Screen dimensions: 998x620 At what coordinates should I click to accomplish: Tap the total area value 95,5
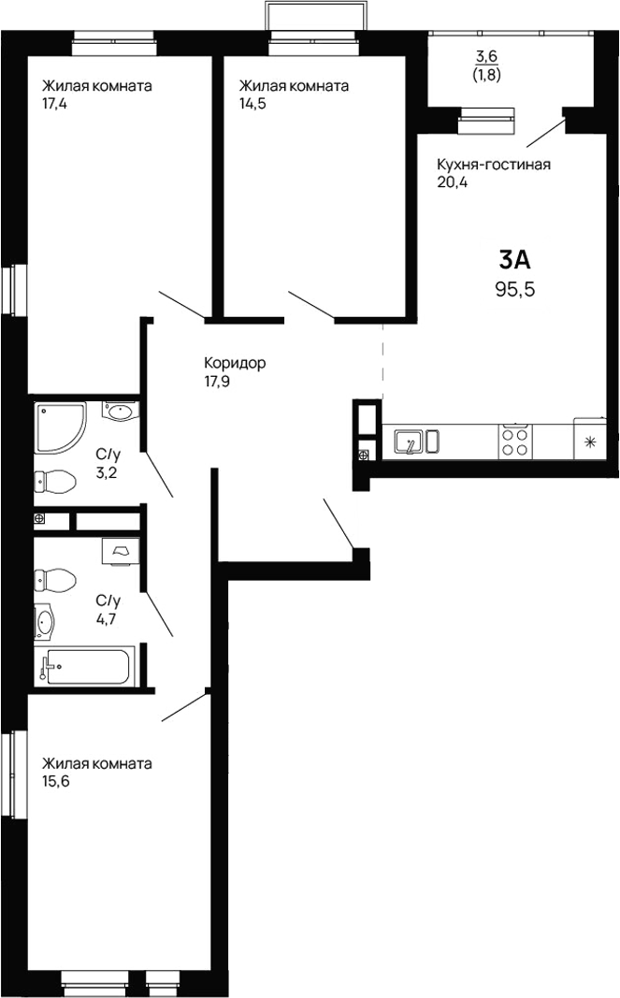pyautogui.click(x=514, y=289)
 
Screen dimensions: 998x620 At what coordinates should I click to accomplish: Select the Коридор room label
pyautogui.click(x=235, y=363)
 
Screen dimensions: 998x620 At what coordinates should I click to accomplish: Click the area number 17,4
pyautogui.click(x=55, y=104)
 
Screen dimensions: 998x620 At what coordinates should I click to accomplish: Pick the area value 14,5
pyautogui.click(x=252, y=104)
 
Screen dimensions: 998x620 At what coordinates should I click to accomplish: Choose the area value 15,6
pyautogui.click(x=55, y=781)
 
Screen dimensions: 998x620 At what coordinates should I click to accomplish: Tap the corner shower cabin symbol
pyautogui.click(x=59, y=427)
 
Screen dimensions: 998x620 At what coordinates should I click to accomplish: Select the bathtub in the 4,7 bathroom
pyautogui.click(x=85, y=666)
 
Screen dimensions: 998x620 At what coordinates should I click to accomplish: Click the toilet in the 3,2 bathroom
pyautogui.click(x=53, y=483)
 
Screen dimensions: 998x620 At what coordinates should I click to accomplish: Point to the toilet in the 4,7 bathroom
pyautogui.click(x=54, y=580)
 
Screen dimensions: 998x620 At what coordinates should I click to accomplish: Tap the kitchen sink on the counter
pyautogui.click(x=410, y=441)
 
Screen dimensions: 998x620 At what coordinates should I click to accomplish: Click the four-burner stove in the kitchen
pyautogui.click(x=515, y=441)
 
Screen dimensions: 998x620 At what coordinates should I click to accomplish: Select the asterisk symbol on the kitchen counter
pyautogui.click(x=590, y=441)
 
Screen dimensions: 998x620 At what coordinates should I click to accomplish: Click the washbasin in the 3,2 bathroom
pyautogui.click(x=119, y=412)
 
